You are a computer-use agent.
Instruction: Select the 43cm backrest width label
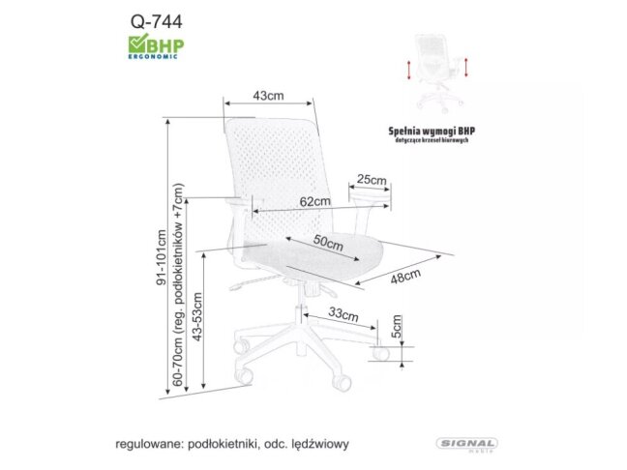[268, 96]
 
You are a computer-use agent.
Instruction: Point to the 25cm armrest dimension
[372, 179]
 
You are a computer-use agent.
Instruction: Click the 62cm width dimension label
[314, 202]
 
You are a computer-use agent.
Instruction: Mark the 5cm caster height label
[396, 330]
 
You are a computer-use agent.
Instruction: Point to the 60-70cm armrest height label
[179, 286]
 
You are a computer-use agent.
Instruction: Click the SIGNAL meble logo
[467, 444]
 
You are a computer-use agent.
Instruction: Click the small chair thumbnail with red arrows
[439, 69]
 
